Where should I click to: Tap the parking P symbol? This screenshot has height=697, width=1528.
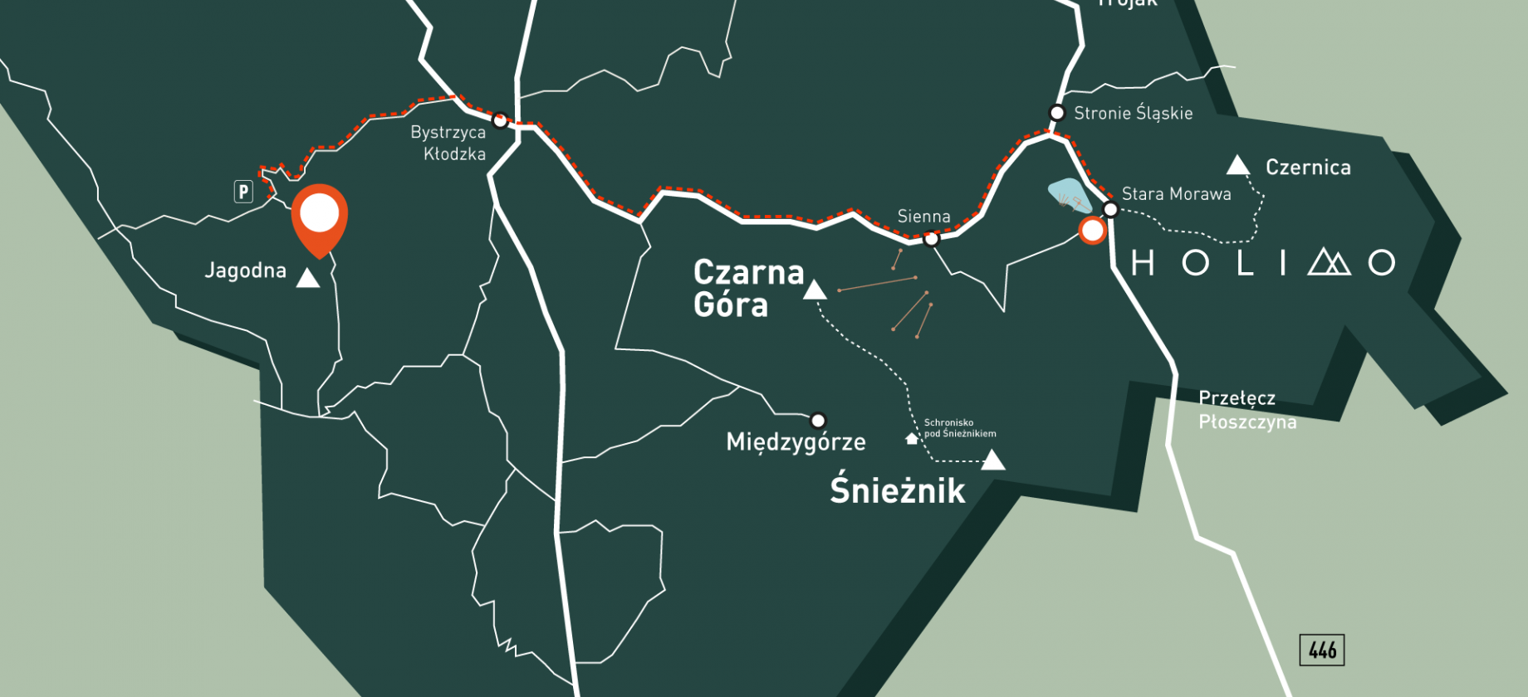pyautogui.click(x=243, y=192)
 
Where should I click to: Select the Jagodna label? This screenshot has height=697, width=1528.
pyautogui.click(x=245, y=271)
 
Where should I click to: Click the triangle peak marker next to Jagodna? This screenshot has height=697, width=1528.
pyautogui.click(x=308, y=278)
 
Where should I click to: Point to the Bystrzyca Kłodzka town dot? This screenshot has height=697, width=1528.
pyautogui.click(x=500, y=120)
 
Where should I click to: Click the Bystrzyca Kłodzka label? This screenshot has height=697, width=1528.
pyautogui.click(x=448, y=143)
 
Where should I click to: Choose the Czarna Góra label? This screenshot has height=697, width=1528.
pyautogui.click(x=747, y=288)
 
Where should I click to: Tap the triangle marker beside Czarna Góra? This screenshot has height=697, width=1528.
pyautogui.click(x=815, y=290)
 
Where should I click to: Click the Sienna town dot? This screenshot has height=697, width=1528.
pyautogui.click(x=931, y=239)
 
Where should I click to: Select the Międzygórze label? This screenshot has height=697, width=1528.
pyautogui.click(x=796, y=442)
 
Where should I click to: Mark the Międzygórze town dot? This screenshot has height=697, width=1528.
pyautogui.click(x=818, y=420)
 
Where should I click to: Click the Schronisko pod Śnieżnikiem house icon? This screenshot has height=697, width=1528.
pyautogui.click(x=912, y=438)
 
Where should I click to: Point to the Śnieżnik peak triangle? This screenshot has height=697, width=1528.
pyautogui.click(x=992, y=461)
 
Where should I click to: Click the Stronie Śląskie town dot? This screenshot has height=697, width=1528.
pyautogui.click(x=1057, y=113)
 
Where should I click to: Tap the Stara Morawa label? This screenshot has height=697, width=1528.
pyautogui.click(x=1176, y=194)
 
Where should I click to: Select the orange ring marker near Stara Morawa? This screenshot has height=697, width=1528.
pyautogui.click(x=1092, y=231)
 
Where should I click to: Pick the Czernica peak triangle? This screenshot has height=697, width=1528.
pyautogui.click(x=1238, y=166)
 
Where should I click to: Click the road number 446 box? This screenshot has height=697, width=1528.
pyautogui.click(x=1322, y=650)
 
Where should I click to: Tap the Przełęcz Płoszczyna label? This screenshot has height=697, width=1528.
pyautogui.click(x=1246, y=410)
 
